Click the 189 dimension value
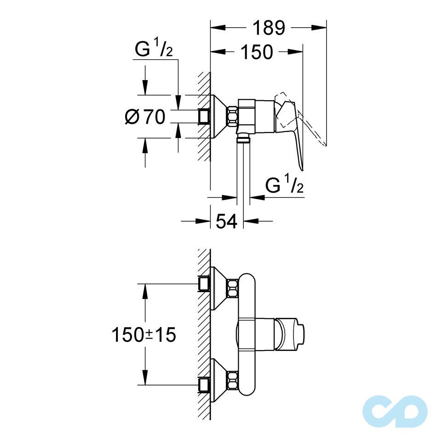(x=268, y=28)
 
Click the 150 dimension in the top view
(x=255, y=52)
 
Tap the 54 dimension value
(x=226, y=221)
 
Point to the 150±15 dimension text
(x=144, y=334)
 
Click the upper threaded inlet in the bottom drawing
(x=204, y=284)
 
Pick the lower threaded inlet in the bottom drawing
(x=204, y=385)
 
